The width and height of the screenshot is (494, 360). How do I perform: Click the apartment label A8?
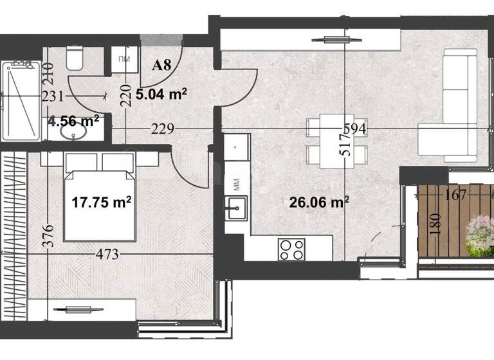161,65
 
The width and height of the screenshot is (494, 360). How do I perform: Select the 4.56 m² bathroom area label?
73,120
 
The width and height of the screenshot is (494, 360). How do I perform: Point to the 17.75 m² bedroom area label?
102,202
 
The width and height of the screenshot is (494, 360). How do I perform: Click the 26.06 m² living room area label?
319,203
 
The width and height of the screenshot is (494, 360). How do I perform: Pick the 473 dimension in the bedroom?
107,254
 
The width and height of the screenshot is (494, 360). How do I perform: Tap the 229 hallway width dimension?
163,129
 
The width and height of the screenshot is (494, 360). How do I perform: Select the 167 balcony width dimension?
455,195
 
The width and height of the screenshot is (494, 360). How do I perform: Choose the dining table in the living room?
331,139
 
